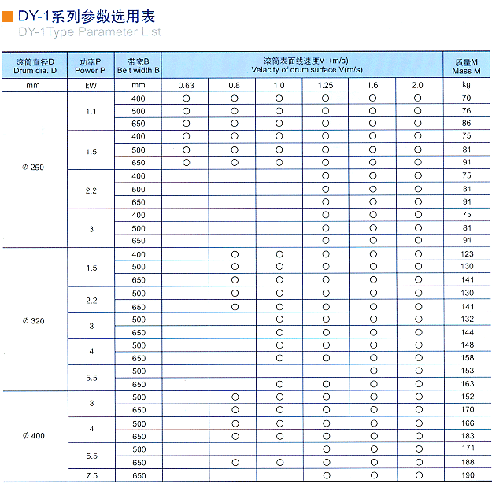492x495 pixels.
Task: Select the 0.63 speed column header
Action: pyautogui.click(x=186, y=84)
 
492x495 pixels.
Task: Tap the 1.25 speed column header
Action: pyautogui.click(x=325, y=84)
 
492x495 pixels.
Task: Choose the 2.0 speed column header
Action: pyautogui.click(x=417, y=84)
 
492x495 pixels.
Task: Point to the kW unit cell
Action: pyautogui.click(x=91, y=84)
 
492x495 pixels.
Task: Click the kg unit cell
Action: pyautogui.click(x=467, y=83)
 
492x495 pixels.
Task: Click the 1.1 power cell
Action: pyautogui.click(x=91, y=111)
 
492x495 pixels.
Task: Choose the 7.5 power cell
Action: pyautogui.click(x=91, y=475)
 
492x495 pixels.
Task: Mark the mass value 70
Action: pyautogui.click(x=467, y=98)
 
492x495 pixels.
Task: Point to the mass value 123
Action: pyautogui.click(x=467, y=254)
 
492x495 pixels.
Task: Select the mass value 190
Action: pyautogui.click(x=467, y=475)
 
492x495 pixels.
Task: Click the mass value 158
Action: pyautogui.click(x=467, y=358)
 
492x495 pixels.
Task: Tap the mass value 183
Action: pyautogui.click(x=467, y=436)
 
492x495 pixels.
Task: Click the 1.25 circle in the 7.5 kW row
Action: pyautogui.click(x=326, y=475)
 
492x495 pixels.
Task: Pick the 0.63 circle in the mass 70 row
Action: pyautogui.click(x=186, y=98)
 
